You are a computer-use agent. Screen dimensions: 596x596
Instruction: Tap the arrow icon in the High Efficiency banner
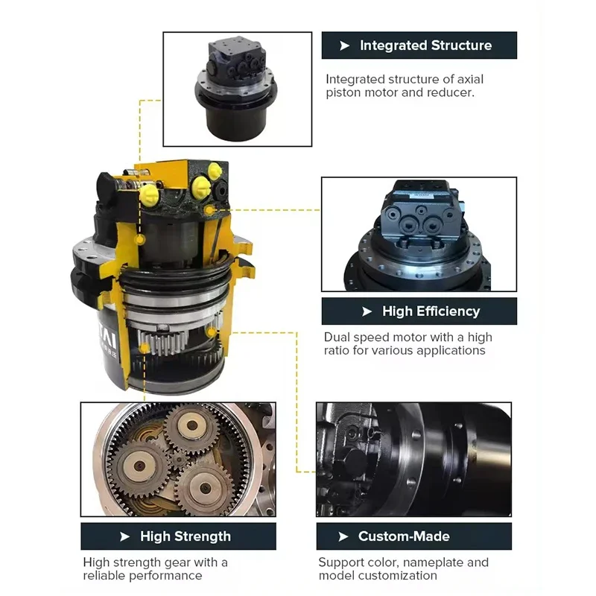click(x=367, y=311)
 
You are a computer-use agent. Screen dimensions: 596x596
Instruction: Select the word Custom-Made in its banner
click(x=404, y=536)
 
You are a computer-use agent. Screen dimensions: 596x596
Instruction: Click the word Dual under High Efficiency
click(x=337, y=337)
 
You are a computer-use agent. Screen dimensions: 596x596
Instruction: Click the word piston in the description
click(x=344, y=93)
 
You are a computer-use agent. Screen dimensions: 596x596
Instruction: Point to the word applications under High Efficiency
click(x=449, y=350)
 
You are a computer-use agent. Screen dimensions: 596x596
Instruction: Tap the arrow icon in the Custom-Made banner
click(x=343, y=536)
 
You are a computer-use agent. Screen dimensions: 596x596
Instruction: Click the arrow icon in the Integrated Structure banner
click(x=344, y=45)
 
